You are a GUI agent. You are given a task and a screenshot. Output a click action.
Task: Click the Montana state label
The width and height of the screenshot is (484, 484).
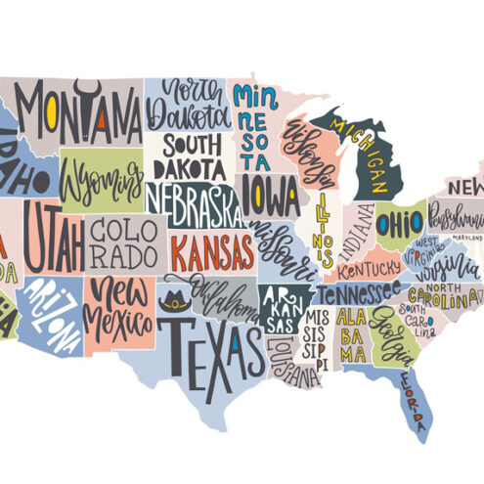78,113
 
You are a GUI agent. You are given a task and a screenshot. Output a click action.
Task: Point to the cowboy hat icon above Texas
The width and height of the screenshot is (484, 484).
177,300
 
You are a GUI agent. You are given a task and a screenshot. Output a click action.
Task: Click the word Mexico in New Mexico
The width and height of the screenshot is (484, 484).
114,318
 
